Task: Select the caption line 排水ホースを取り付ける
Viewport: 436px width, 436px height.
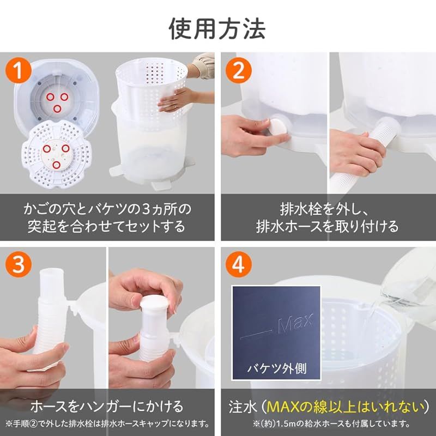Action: (328, 225)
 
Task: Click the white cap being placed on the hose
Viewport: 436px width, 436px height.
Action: (153, 303)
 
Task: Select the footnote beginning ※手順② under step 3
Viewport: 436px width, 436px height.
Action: (107, 423)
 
